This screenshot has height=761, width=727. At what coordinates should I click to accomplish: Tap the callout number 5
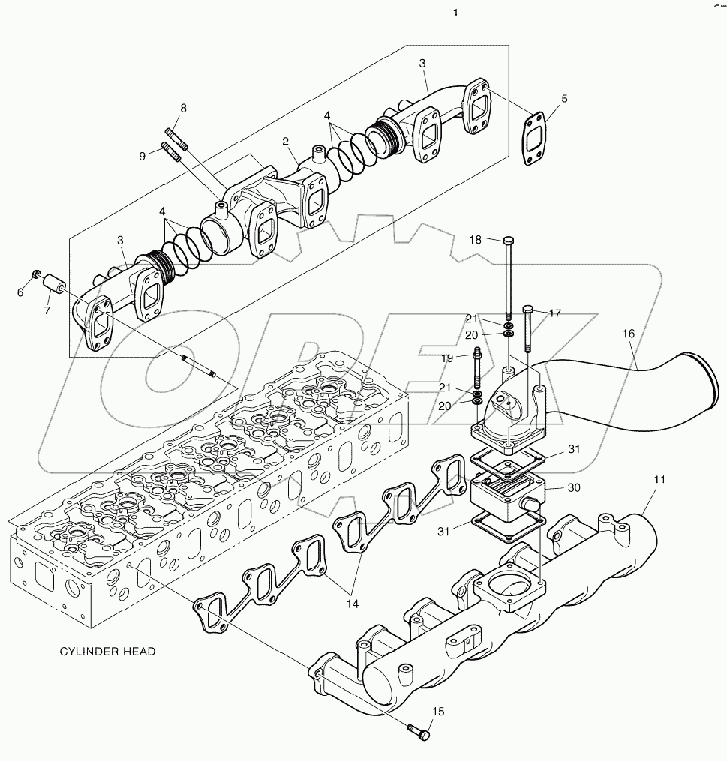[564, 98]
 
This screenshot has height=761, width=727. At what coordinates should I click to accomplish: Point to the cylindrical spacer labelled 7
[53, 286]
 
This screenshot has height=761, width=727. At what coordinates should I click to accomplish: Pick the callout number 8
[182, 109]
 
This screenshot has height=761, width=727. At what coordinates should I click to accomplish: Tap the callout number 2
[286, 141]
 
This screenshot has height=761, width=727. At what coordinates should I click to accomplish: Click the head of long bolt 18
[509, 241]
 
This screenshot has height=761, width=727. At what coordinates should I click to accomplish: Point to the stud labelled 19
[477, 368]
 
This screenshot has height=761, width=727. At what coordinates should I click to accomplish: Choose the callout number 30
[574, 487]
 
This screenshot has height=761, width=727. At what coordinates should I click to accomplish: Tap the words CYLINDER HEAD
[107, 652]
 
